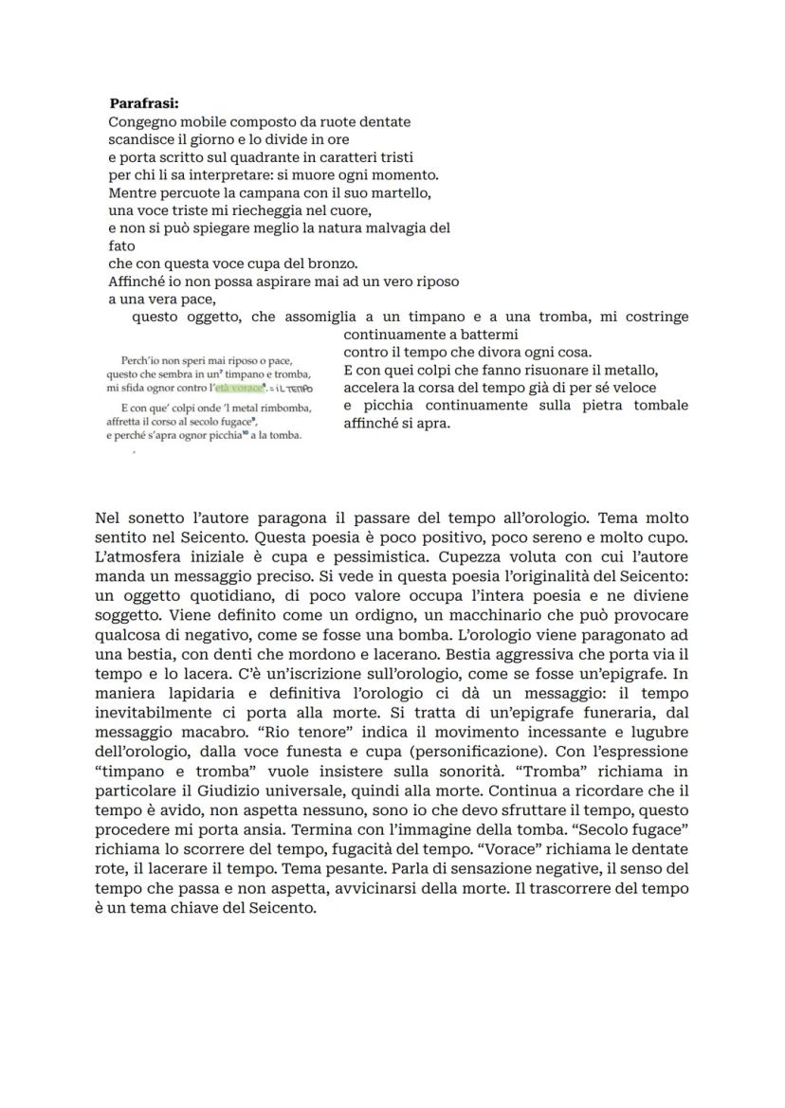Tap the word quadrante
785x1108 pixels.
(x=251, y=156)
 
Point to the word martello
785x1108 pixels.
(x=402, y=192)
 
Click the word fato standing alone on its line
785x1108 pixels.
(x=122, y=245)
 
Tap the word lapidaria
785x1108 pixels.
(x=197, y=692)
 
